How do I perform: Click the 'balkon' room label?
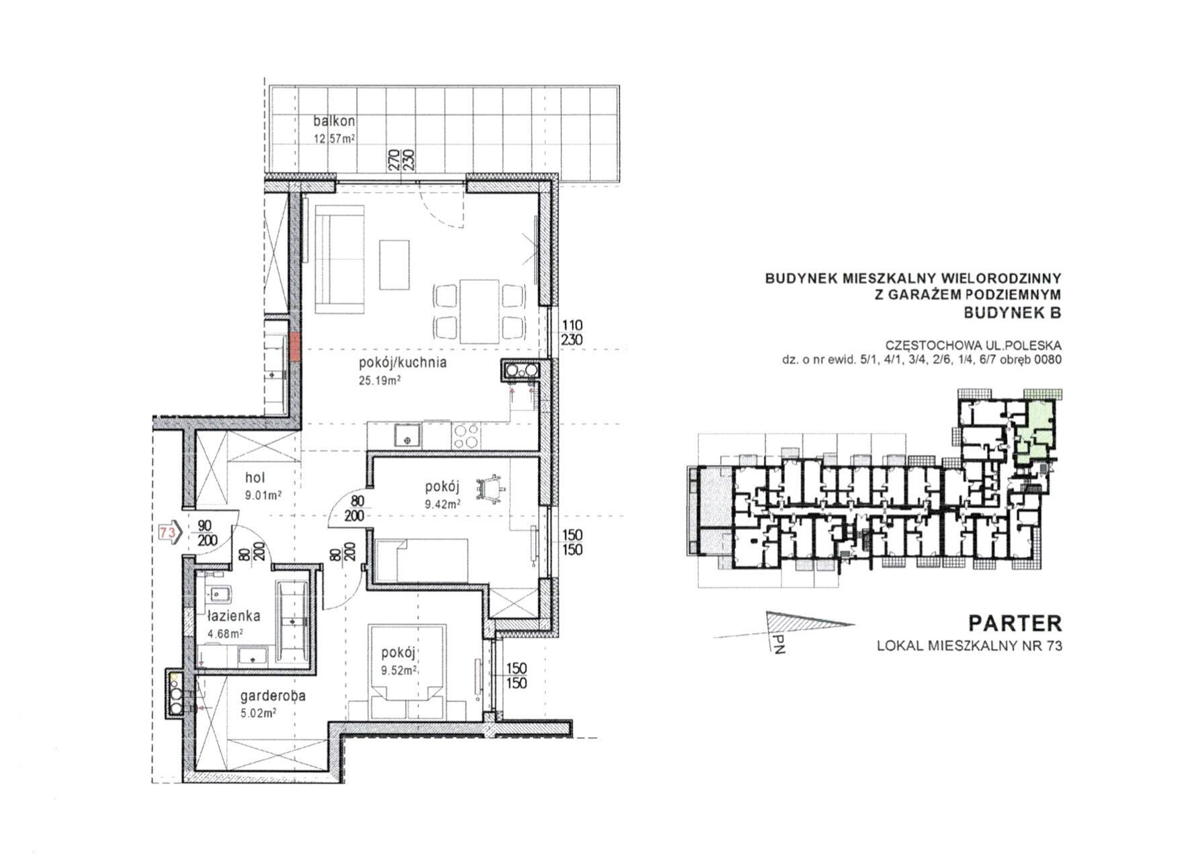coord(334,122)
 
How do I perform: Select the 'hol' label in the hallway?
coord(255,478)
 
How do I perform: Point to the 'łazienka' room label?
coord(233,615)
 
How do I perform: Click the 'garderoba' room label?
coord(273,696)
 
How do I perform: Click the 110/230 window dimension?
coord(571,333)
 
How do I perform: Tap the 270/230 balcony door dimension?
coord(400,159)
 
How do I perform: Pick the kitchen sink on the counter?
coord(407,435)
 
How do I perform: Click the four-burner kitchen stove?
coord(466,435)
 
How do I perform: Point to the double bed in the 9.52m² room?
coord(407,672)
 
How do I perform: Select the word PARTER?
coord(1015,623)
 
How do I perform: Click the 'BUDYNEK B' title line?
coord(1013,312)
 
